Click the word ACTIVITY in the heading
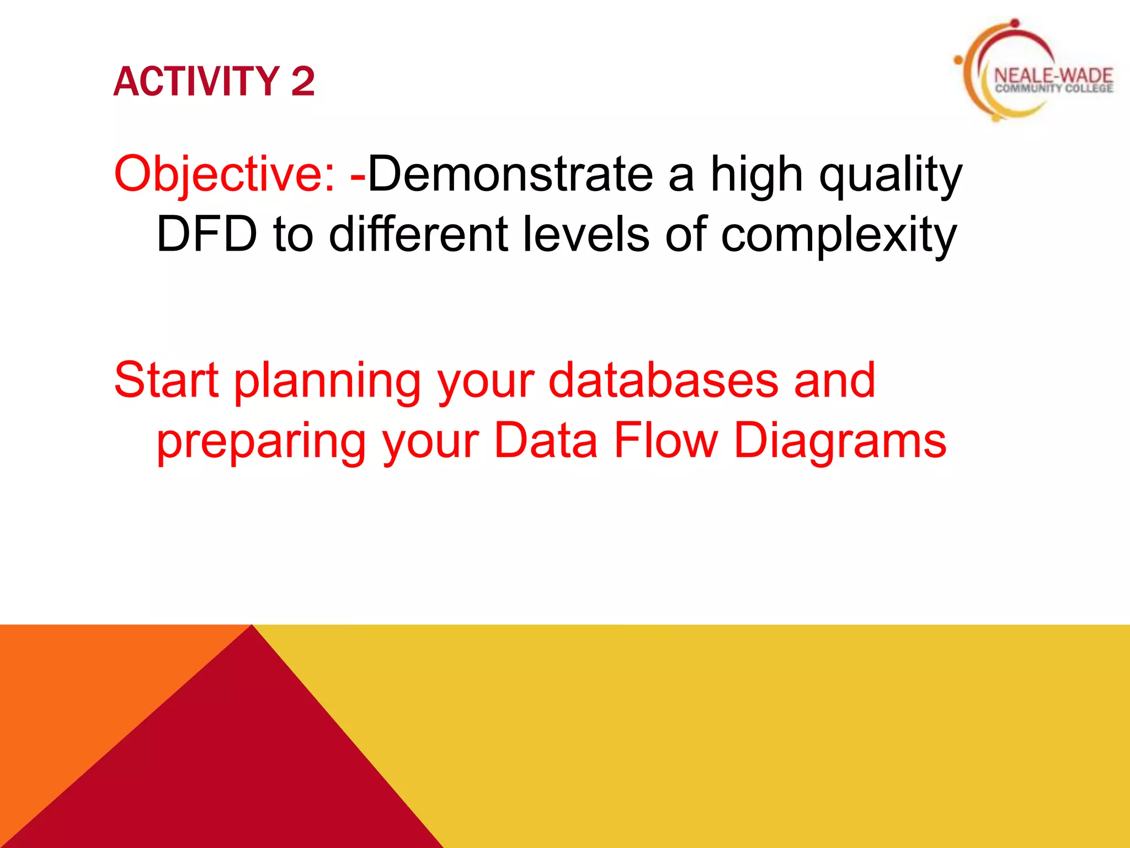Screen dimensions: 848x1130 (x=196, y=82)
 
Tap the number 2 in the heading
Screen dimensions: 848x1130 (x=303, y=82)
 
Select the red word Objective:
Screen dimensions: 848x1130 (x=225, y=175)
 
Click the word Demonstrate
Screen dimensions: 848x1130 (x=510, y=175)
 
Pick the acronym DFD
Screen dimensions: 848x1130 (x=207, y=235)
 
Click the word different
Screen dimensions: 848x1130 (x=418, y=235)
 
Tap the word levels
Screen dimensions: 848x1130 (x=585, y=235)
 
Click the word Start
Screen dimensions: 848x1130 (x=166, y=381)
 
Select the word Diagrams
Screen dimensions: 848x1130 (x=840, y=442)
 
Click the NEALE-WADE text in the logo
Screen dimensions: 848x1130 (x=1053, y=76)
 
